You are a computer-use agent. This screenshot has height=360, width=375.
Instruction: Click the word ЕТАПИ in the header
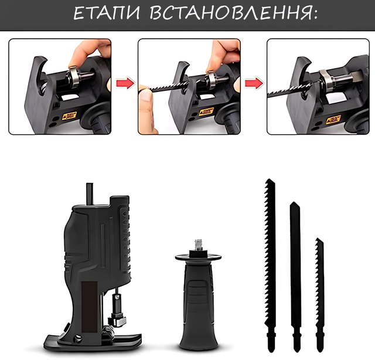(x=107, y=13)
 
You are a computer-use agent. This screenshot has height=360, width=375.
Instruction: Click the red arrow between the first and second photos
(x=125, y=83)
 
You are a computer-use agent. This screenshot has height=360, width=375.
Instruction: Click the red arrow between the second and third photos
(x=254, y=83)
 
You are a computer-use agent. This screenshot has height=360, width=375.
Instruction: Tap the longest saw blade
(x=270, y=263)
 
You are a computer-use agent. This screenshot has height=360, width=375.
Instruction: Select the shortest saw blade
(x=320, y=294)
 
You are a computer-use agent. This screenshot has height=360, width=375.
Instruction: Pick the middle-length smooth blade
(x=295, y=275)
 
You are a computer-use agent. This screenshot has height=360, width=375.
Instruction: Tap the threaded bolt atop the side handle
(x=199, y=244)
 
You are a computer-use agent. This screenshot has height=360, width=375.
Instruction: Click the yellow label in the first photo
(x=70, y=116)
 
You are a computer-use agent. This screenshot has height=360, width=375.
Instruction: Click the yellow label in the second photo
(x=206, y=111)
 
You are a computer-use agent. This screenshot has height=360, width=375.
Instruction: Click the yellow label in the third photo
(x=334, y=118)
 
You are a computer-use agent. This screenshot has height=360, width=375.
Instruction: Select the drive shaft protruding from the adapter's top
(x=90, y=194)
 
